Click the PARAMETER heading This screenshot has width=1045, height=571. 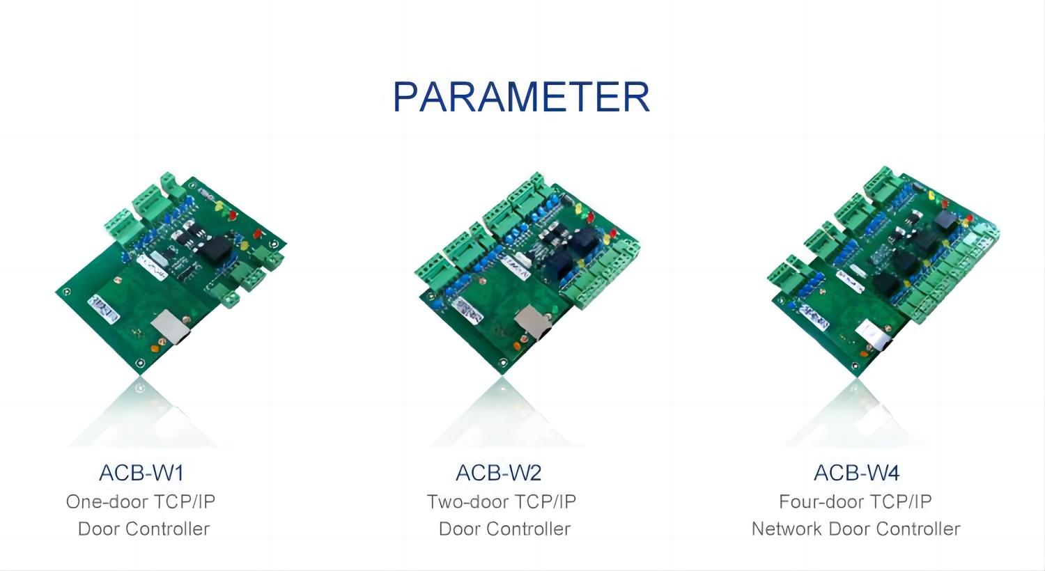click(x=522, y=97)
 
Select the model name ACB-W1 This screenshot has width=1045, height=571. click(x=141, y=473)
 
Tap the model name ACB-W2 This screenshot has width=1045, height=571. click(x=498, y=473)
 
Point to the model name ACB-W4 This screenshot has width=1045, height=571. click(x=856, y=473)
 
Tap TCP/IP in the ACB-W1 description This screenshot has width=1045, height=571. click(x=185, y=501)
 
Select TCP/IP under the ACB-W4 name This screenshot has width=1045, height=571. click(x=901, y=501)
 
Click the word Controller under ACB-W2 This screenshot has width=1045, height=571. click(x=528, y=529)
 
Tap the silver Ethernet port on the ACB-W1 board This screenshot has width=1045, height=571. click(x=170, y=327)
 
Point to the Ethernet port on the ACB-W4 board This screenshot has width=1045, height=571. click(x=874, y=336)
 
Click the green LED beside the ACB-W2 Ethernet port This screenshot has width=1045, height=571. click(x=555, y=310)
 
